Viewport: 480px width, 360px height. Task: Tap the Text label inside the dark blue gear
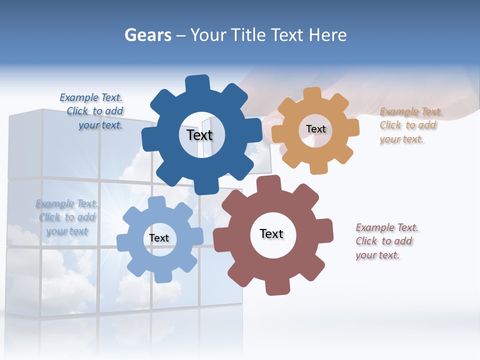(x=199, y=135)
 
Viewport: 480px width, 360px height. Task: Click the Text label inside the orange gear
(x=315, y=129)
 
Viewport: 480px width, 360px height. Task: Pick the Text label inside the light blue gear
(x=159, y=238)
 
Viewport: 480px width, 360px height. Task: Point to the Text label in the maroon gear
(x=271, y=233)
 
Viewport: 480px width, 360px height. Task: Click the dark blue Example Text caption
(x=92, y=111)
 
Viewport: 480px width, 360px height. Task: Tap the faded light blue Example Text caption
(x=66, y=217)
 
